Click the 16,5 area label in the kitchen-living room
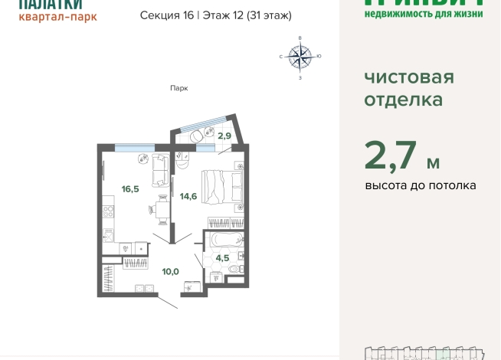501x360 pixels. coord(129,188)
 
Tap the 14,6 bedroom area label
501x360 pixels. coord(188,196)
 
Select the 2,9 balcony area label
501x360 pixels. coord(224,136)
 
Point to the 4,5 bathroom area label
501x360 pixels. coord(222,258)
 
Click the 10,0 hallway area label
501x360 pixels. coord(170,271)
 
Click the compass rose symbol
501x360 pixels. coord(300,56)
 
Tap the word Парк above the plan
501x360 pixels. coord(178,88)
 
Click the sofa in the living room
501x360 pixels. coord(160,171)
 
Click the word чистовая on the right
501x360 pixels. coord(408,77)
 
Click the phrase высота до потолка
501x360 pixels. coord(420,185)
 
